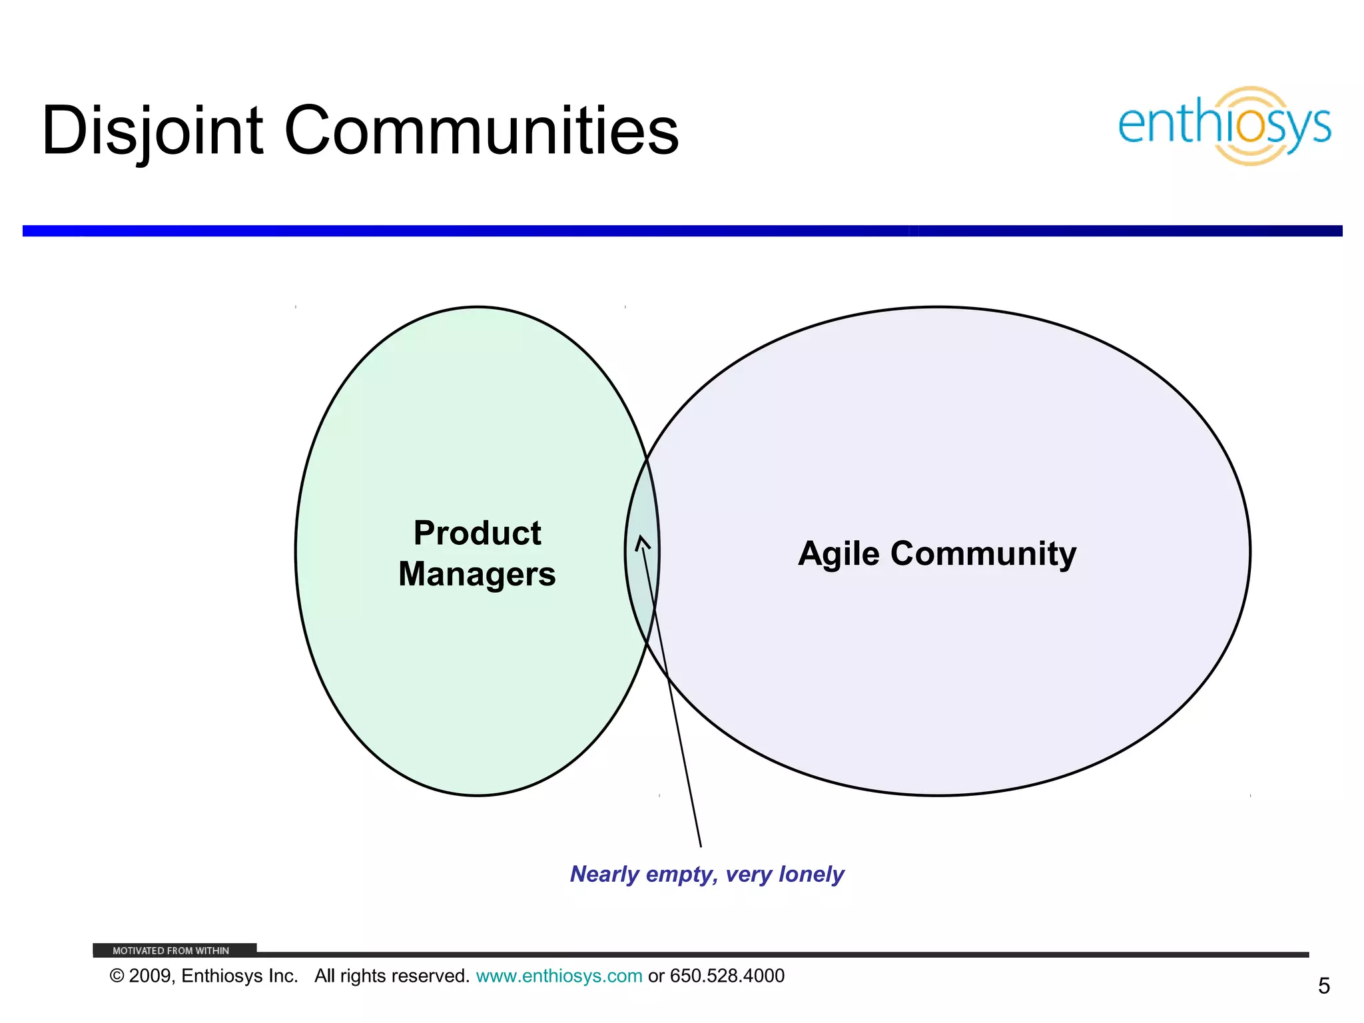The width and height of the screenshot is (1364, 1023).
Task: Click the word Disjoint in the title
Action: (153, 132)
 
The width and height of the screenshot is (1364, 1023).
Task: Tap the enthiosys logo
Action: (1224, 126)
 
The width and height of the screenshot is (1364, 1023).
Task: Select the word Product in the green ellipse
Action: (477, 533)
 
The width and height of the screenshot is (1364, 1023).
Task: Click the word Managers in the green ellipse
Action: (477, 574)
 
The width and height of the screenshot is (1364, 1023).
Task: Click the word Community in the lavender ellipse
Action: (983, 554)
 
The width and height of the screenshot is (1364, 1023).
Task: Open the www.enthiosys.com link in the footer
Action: (559, 976)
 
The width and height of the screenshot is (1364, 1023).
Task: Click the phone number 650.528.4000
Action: (727, 976)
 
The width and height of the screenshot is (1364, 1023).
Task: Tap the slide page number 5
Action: (1323, 986)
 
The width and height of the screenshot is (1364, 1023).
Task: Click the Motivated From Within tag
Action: (171, 950)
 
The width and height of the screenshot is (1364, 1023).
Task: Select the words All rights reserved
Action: (392, 976)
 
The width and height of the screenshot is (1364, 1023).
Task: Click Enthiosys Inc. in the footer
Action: (239, 976)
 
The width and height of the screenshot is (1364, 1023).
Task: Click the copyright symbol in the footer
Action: (117, 976)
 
